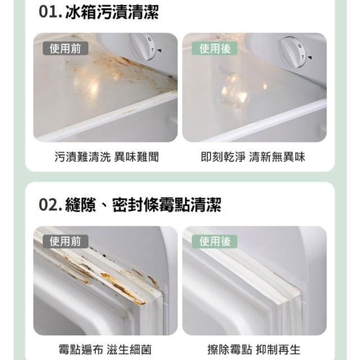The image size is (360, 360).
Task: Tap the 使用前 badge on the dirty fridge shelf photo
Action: click(x=65, y=48)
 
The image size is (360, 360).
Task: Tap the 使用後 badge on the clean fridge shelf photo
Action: click(x=215, y=48)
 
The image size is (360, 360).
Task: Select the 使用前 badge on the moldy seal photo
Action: click(x=65, y=241)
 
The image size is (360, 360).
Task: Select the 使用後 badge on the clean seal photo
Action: click(x=215, y=241)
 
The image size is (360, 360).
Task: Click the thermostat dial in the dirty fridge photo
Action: click(x=143, y=47)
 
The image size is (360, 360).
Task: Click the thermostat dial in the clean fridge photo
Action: click(x=292, y=52)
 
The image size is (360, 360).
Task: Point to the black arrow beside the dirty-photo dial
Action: click(x=159, y=51)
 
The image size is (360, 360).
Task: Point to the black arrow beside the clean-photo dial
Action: click(x=309, y=57)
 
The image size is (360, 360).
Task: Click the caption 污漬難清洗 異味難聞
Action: click(x=107, y=157)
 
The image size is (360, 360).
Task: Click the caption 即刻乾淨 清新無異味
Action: click(x=253, y=157)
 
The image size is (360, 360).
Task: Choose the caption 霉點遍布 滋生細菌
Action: click(x=105, y=350)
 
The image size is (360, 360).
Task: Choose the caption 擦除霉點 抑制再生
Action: click(x=254, y=350)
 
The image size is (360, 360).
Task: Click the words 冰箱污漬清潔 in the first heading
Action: click(x=112, y=12)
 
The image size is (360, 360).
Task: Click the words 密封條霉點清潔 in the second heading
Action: click(x=166, y=205)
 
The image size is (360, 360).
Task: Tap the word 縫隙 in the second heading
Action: click(x=80, y=205)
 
